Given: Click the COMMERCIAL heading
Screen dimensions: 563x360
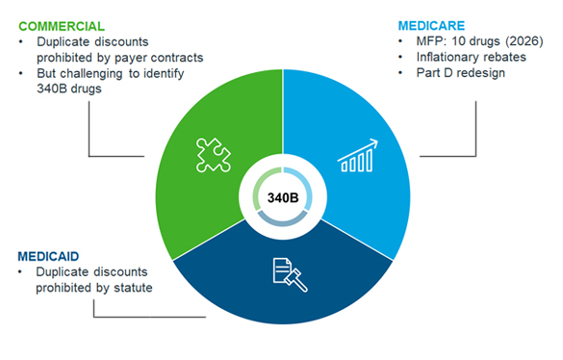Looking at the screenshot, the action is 62,26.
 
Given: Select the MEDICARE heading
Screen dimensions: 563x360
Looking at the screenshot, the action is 431,26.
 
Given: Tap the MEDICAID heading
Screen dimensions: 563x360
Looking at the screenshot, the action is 48,256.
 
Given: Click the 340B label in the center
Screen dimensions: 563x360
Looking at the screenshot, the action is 283,197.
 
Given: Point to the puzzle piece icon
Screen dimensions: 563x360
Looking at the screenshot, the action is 214,155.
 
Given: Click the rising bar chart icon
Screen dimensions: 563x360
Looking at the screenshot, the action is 358,156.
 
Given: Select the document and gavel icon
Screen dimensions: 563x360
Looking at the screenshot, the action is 290,275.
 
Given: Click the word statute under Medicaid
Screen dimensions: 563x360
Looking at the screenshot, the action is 133,288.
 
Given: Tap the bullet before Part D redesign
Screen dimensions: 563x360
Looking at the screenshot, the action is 400,73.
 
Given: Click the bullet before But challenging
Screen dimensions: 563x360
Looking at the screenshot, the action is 21,73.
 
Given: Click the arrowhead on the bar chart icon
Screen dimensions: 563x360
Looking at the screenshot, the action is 373,143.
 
